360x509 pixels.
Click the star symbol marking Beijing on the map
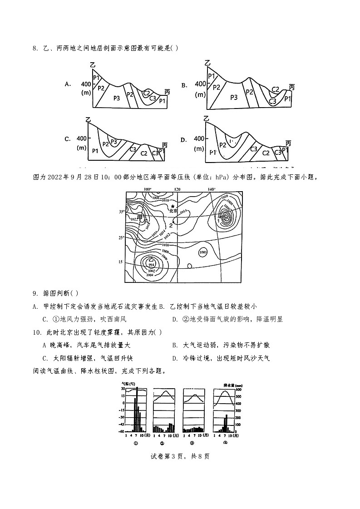coord(173,206)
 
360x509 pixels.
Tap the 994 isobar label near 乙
coord(151,264)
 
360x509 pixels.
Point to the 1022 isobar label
coord(133,219)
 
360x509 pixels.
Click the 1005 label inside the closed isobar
coord(203,252)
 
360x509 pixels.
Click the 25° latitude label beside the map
coord(121,237)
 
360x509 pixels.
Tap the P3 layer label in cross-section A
coord(116,98)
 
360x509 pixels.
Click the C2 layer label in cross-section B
coord(275,89)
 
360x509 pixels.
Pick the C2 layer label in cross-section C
coord(144,153)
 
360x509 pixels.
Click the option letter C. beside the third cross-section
coord(68,139)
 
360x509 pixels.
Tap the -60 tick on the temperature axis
coord(122,431)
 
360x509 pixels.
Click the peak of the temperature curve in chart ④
coord(223,391)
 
